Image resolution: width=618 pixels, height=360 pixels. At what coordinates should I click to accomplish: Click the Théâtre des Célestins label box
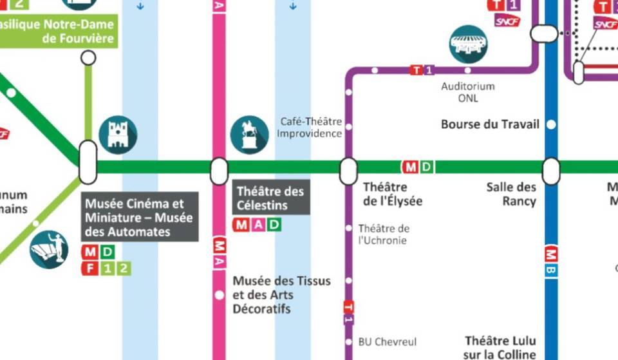pyautogui.click(x=270, y=198)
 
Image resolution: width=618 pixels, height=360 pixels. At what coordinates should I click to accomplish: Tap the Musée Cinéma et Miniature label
pyautogui.click(x=139, y=217)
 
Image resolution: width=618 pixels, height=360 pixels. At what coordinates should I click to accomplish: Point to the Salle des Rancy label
pyautogui.click(x=511, y=194)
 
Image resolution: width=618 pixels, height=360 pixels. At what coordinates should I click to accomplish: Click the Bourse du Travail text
pyautogui.click(x=490, y=124)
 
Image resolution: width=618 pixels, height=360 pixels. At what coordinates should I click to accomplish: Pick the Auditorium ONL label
pyautogui.click(x=468, y=92)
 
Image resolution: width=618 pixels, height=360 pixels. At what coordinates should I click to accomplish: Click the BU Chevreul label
pyautogui.click(x=388, y=342)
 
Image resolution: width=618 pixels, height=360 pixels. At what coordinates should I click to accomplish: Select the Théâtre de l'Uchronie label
pyautogui.click(x=384, y=234)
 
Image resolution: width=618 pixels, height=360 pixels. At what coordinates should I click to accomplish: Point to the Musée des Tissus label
pyautogui.click(x=281, y=295)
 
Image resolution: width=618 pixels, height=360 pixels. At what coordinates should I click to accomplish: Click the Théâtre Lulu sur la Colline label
pyautogui.click(x=500, y=347)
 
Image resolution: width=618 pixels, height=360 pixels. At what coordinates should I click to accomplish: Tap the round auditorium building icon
pyautogui.click(x=468, y=44)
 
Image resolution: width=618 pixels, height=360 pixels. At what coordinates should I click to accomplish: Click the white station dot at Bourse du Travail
pyautogui.click(x=551, y=124)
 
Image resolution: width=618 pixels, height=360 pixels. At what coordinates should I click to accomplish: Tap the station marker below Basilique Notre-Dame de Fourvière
pyautogui.click(x=88, y=58)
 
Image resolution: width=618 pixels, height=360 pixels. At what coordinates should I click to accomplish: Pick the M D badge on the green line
pyautogui.click(x=418, y=167)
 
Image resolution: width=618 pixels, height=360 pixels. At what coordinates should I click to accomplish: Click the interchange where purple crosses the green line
pyautogui.click(x=348, y=171)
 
